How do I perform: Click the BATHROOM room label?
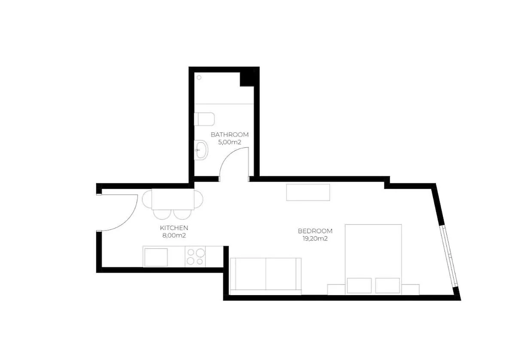pos(230,134)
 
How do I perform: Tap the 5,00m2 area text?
pos(230,142)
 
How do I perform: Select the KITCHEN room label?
pos(174,228)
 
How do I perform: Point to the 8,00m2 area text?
pos(174,235)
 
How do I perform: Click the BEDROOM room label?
pos(315,231)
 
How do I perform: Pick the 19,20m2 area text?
pos(315,239)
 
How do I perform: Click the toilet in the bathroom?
pos(204,119)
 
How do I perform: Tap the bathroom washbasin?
pos(201,150)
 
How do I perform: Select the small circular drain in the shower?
pos(199,77)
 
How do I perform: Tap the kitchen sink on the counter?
pos(156,257)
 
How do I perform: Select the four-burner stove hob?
pos(195,256)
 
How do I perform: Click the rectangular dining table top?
pos(173,199)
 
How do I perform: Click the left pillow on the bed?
pos(360,285)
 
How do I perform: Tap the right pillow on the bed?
pos(387,285)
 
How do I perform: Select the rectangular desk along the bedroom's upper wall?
pos(308,192)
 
